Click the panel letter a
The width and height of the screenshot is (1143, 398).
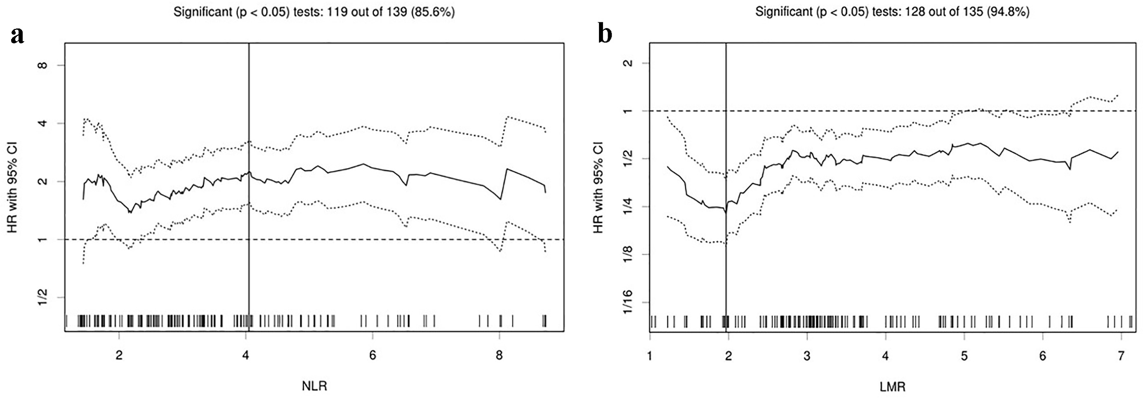point(17,35)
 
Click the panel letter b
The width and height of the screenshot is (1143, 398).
point(605,34)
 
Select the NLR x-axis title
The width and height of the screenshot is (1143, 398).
point(314,386)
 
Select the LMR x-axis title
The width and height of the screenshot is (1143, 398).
point(892,387)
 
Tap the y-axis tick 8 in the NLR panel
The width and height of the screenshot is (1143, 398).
point(42,65)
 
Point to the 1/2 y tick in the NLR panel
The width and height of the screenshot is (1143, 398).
point(42,297)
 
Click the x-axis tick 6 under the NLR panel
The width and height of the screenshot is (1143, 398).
point(372,356)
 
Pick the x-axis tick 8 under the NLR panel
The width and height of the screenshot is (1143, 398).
point(499,356)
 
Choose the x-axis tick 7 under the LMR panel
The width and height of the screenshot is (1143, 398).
point(1121,356)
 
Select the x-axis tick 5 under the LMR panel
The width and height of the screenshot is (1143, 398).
point(964,356)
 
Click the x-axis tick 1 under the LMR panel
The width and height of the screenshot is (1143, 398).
point(650,356)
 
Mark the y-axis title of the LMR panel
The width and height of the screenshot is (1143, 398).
point(598,187)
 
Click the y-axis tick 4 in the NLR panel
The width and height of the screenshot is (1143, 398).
point(42,123)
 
